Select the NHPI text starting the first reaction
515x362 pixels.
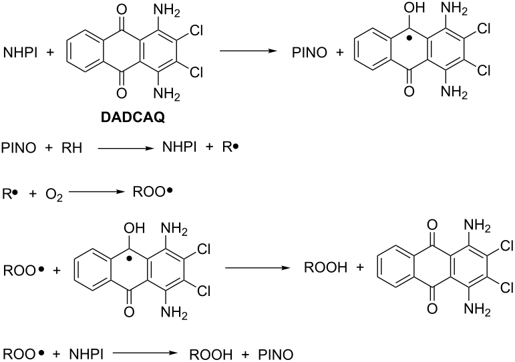21,51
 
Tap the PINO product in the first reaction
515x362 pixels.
312,51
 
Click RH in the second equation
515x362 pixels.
72,147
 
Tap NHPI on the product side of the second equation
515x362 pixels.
180,147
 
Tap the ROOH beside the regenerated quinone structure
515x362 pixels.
321,269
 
